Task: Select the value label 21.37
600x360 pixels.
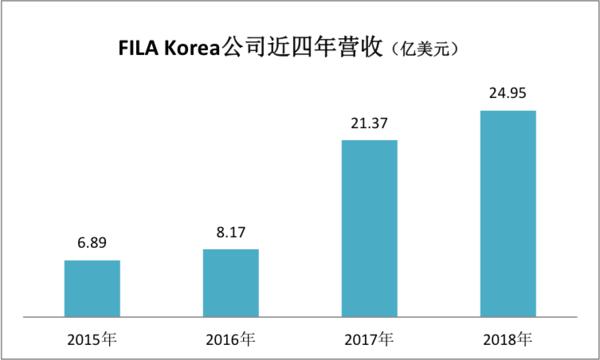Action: tap(370, 124)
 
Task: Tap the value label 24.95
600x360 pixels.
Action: tap(509, 94)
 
